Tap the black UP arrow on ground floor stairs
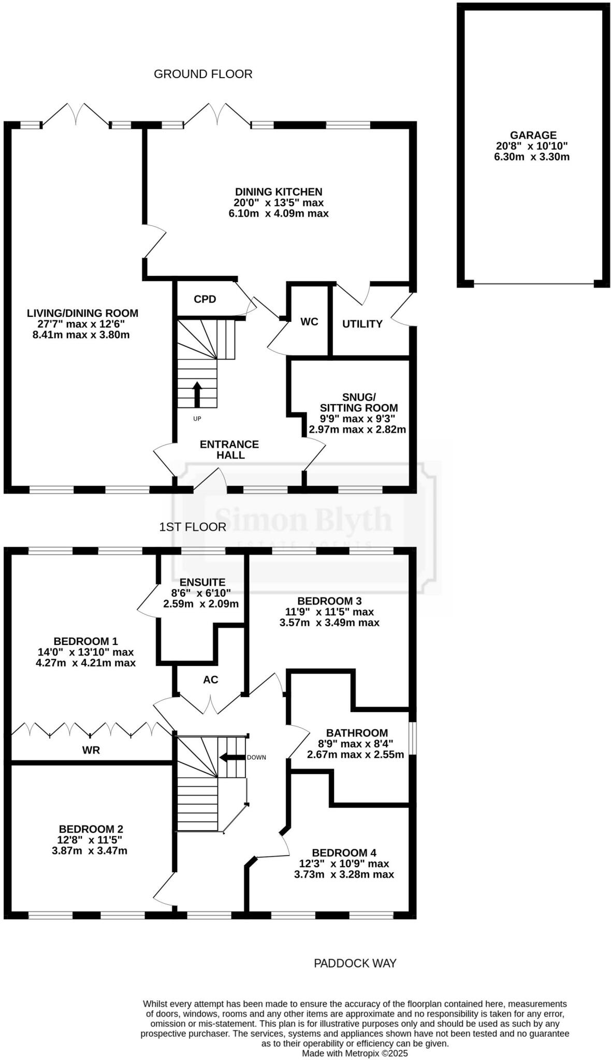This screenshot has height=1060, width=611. tap(197, 394)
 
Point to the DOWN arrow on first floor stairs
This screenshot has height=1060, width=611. tap(232, 757)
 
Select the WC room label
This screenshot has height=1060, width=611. tap(309, 322)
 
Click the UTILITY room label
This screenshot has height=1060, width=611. tap(362, 324)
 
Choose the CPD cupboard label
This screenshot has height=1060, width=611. tap(205, 299)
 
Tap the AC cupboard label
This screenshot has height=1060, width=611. tap(210, 680)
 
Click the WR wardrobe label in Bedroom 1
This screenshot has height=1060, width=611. tap(91, 750)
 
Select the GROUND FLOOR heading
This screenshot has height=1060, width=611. tap(203, 74)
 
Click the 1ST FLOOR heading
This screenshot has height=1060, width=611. tap(193, 527)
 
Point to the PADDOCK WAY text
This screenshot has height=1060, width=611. tap(355, 963)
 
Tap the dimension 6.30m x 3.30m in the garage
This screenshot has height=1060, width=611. tap(532, 157)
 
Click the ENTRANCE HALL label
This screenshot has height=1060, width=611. tap(229, 450)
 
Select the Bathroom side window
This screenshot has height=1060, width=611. tap(413, 738)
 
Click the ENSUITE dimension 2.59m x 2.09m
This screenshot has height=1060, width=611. tap(201, 603)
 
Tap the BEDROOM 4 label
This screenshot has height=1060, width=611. tap(344, 852)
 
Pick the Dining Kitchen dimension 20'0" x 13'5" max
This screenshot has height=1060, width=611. tap(279, 202)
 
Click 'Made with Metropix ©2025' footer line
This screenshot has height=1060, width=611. tap(355, 1053)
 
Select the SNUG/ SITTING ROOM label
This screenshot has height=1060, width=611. tap(358, 402)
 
